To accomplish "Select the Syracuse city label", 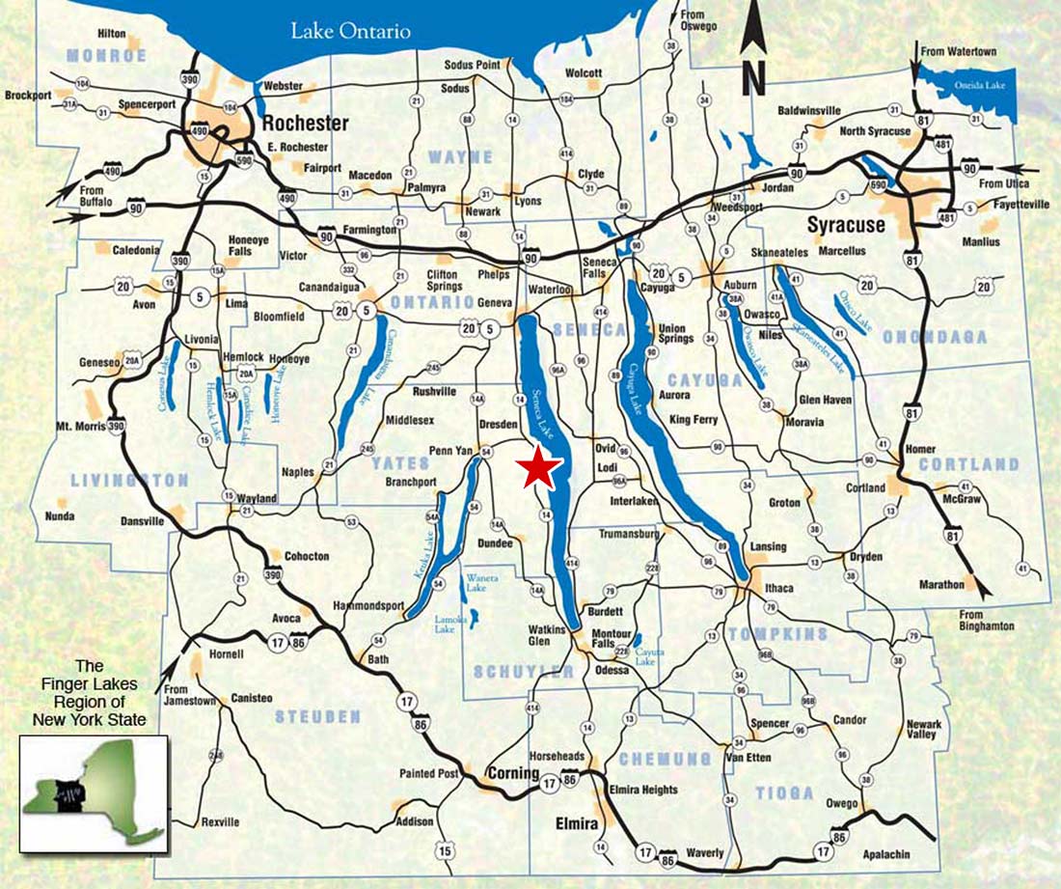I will click(845, 225).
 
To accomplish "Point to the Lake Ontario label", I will click(351, 32).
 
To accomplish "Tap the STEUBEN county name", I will click(317, 716).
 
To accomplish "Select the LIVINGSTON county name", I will click(129, 480).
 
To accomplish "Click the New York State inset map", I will click(95, 792).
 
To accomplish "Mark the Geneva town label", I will click(495, 302).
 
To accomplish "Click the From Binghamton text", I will click(987, 620).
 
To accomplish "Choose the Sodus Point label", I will click(472, 65).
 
